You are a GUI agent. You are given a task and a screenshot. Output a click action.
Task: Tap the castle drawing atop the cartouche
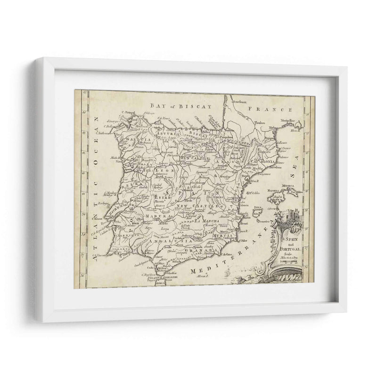(x=286, y=218)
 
